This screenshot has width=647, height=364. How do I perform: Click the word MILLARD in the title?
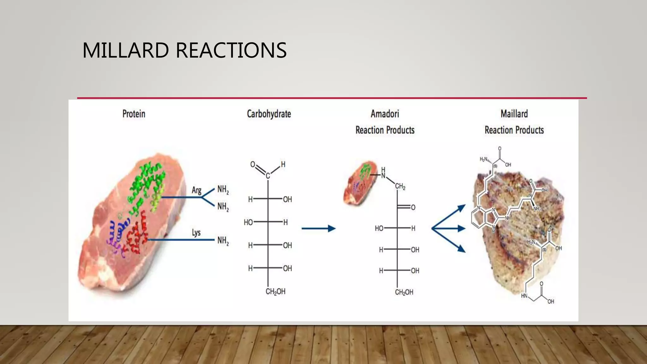click(125, 51)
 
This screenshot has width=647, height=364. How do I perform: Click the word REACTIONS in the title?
click(231, 51)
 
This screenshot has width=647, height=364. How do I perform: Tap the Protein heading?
click(134, 114)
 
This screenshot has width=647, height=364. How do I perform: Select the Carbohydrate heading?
click(269, 114)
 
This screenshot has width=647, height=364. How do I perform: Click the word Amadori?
click(385, 114)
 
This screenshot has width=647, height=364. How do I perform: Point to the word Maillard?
click(514, 114)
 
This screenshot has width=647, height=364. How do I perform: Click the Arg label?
click(197, 190)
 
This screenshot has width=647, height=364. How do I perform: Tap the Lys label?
click(196, 233)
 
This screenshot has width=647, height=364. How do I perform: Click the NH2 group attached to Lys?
click(223, 241)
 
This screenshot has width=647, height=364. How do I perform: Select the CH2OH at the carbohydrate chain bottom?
click(275, 291)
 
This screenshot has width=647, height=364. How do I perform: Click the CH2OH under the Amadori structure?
click(404, 292)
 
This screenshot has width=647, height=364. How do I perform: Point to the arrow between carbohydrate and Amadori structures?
click(318, 228)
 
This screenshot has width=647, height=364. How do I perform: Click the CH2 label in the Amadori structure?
click(400, 186)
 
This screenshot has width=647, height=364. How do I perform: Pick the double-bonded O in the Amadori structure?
click(413, 208)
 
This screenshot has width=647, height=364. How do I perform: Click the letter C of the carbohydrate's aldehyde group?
click(268, 176)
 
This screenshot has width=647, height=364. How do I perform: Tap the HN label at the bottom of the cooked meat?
click(524, 296)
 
